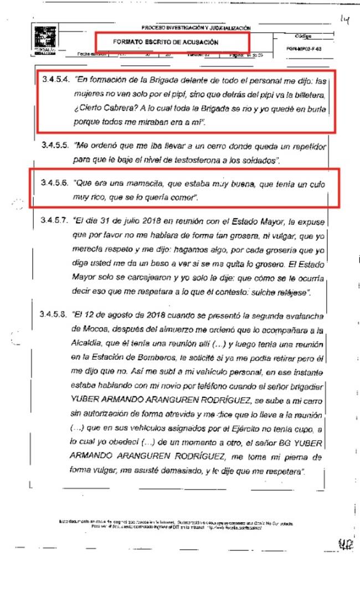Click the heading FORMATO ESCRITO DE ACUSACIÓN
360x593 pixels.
(166, 42)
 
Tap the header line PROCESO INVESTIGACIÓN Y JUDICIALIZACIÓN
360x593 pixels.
(196, 28)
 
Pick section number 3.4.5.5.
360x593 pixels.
(55, 147)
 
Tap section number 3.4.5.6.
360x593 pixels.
(55, 183)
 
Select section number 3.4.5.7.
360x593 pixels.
(55, 220)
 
